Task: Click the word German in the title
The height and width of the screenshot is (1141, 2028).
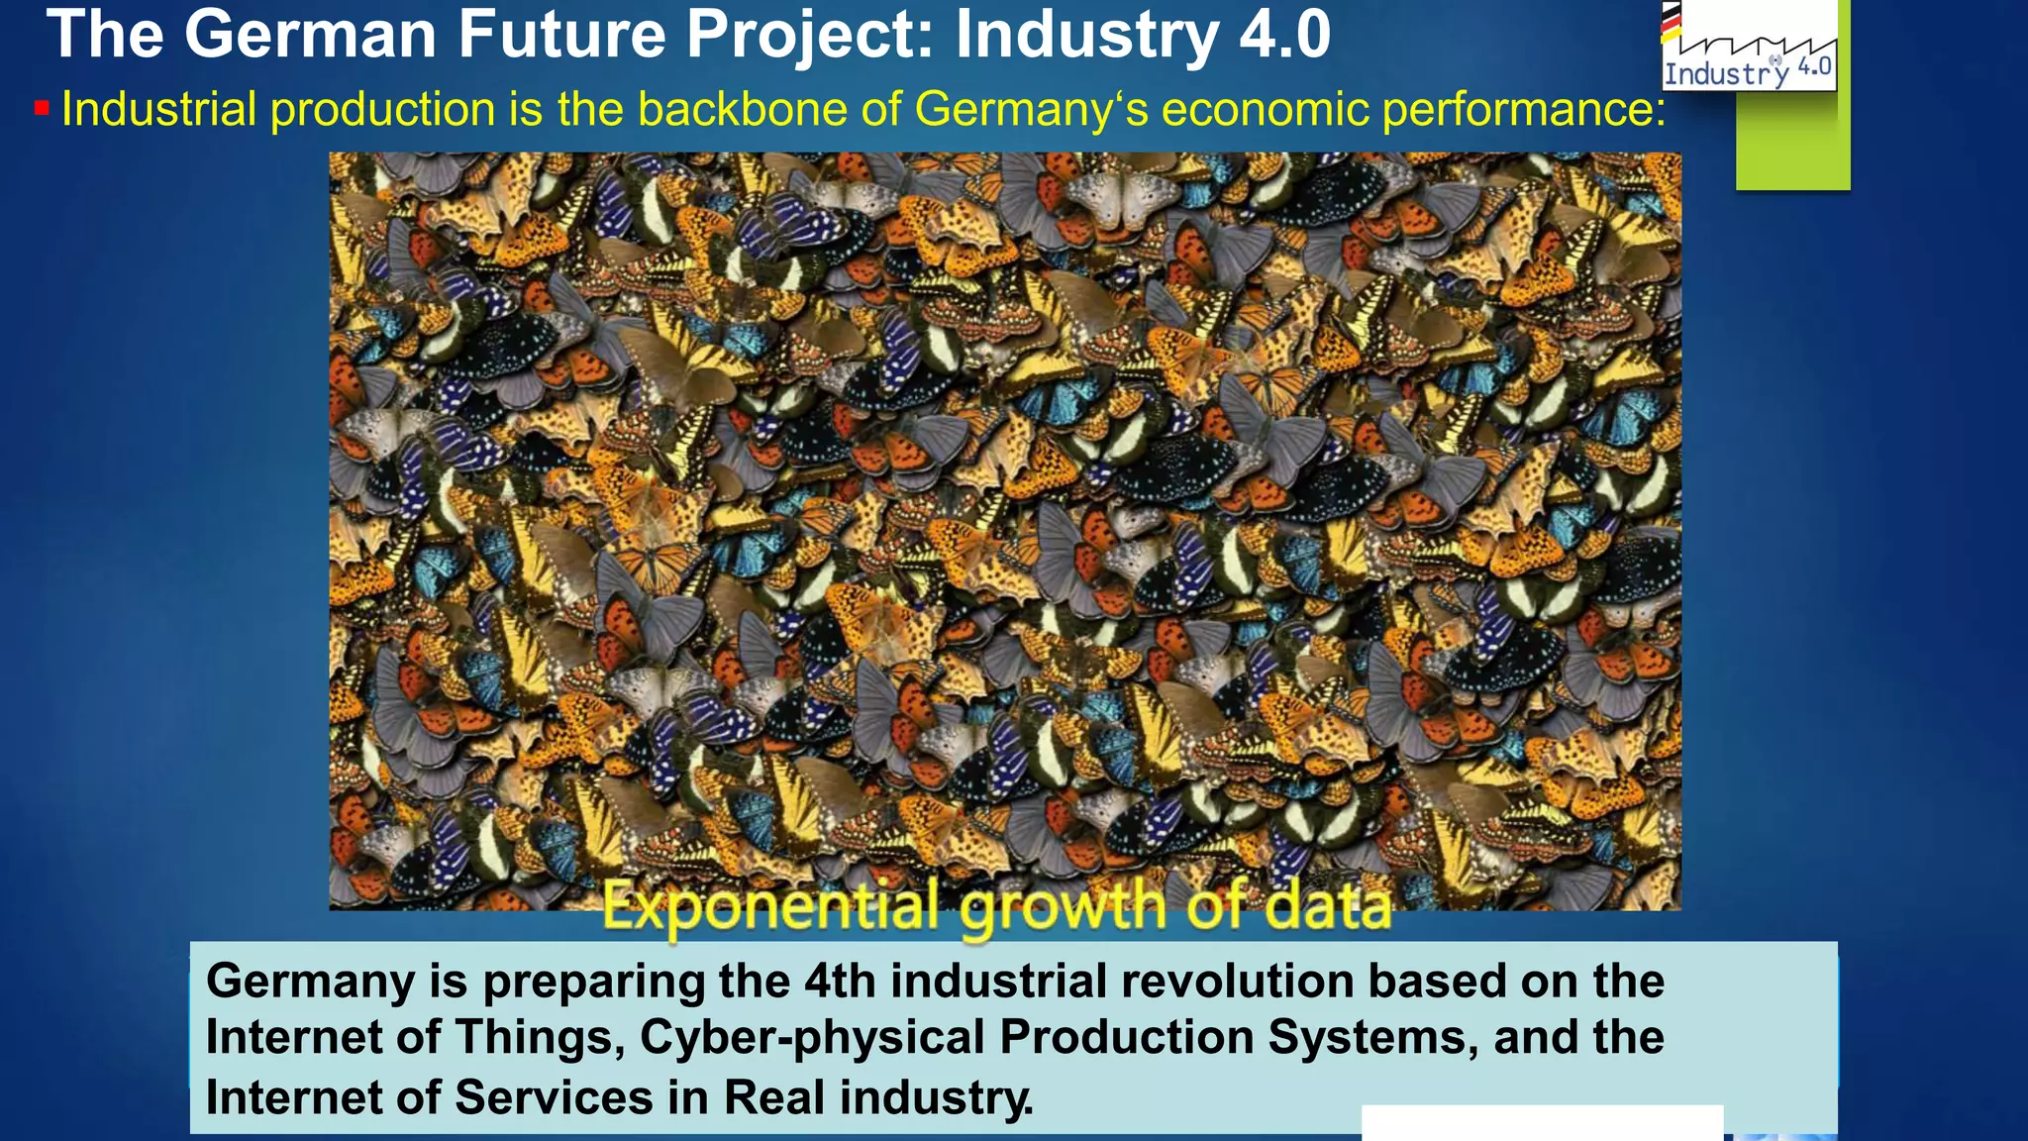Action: (310, 36)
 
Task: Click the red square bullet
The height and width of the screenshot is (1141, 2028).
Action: (42, 108)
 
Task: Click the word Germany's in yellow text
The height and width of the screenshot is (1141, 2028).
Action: (1031, 109)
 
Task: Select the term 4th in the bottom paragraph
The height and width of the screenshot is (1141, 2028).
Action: (840, 982)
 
